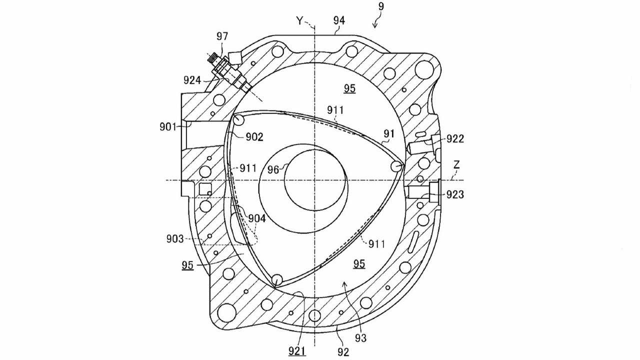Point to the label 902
254,136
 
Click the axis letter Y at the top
299,20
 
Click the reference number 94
339,20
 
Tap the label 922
454,138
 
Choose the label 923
454,194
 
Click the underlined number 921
297,351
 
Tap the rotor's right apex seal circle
397,165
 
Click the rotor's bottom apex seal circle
276,279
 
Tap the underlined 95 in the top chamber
349,89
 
